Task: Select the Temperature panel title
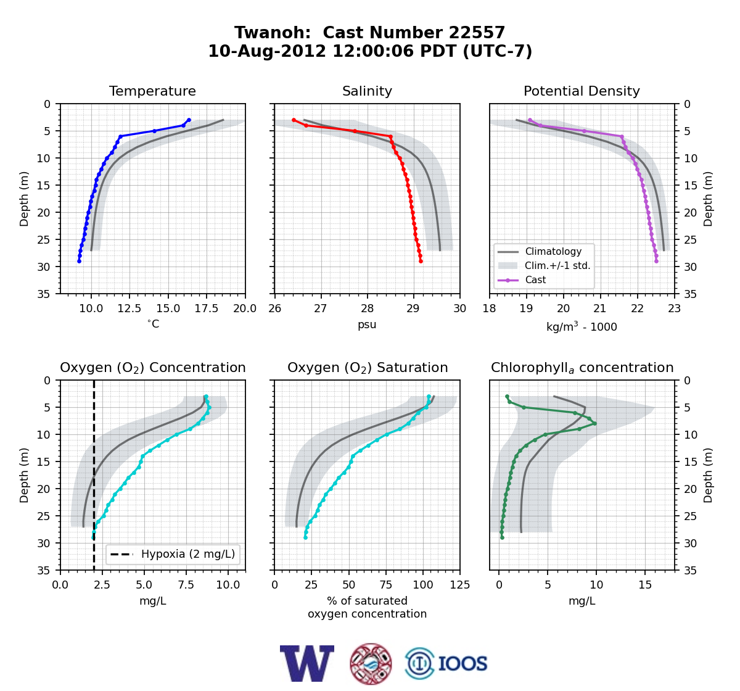pos(152,91)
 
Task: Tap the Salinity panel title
pos(367,91)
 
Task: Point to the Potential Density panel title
pos(582,91)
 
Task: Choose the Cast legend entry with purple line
pos(522,279)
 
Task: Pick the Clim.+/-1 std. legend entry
pos(545,265)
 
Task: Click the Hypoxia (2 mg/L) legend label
pos(188,554)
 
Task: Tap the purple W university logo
pos(307,663)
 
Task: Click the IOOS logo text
pos(462,664)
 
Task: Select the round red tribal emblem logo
pos(371,664)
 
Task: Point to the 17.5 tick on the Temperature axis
pos(207,308)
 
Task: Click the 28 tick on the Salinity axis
pos(367,308)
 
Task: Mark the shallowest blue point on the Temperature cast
pos(189,120)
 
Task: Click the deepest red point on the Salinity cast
pos(421,261)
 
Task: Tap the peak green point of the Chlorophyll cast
pos(594,423)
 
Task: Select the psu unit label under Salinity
pos(367,325)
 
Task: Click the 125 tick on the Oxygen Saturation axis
pos(460,585)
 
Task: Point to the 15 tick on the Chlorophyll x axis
pos(645,585)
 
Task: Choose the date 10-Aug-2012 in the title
pos(267,51)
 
